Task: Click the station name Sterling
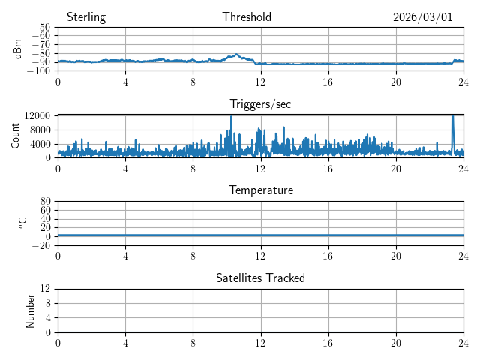click(86, 17)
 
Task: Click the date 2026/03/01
click(423, 17)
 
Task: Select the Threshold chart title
click(247, 17)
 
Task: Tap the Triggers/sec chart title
click(260, 104)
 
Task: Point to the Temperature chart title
click(261, 191)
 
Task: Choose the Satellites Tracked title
click(260, 278)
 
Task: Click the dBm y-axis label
click(18, 49)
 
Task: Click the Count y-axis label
click(15, 136)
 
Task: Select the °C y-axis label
click(22, 223)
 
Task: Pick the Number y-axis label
click(31, 310)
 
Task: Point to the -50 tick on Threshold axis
click(41, 28)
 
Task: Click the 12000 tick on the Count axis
click(37, 115)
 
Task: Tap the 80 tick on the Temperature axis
click(45, 202)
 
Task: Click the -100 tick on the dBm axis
click(39, 71)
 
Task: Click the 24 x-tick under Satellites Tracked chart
click(463, 342)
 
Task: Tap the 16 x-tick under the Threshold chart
click(328, 81)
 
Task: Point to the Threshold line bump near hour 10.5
click(236, 55)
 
